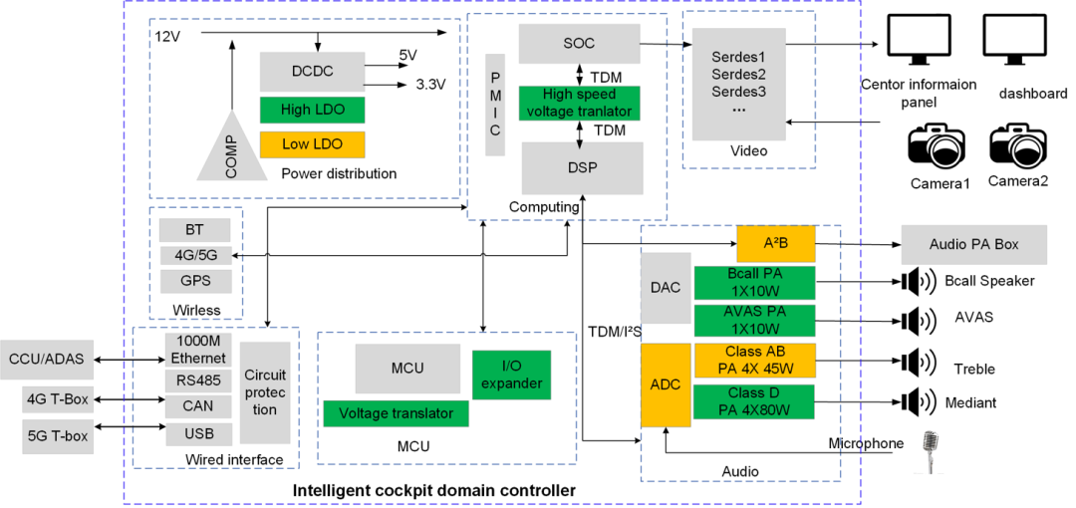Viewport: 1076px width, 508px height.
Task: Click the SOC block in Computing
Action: pos(578,43)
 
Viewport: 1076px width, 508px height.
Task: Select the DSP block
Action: pos(582,167)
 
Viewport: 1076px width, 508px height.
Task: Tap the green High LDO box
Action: pos(311,110)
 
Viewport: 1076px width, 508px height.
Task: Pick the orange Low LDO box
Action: pos(311,144)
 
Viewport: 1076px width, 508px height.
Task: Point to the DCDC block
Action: pos(311,71)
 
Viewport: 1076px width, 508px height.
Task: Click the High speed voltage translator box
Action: pos(578,103)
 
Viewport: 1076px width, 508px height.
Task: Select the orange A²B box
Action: pos(775,244)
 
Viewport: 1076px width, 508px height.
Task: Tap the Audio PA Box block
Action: pos(973,244)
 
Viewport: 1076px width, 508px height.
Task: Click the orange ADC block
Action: pos(665,384)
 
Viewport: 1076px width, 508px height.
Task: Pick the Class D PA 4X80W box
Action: pos(754,402)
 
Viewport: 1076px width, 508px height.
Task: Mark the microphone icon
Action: pos(932,451)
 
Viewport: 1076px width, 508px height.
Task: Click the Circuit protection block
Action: pos(265,392)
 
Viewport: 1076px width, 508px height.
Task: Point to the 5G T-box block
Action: pos(56,434)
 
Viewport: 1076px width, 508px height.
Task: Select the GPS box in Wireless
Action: pos(194,280)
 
